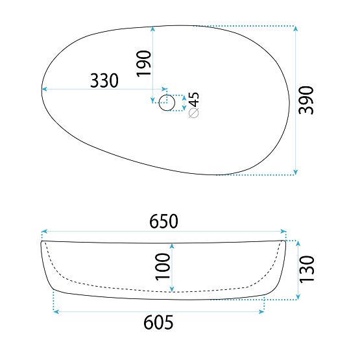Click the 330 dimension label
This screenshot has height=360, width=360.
click(x=104, y=80)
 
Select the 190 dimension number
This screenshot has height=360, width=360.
click(x=144, y=64)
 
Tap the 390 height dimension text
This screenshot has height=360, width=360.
click(x=306, y=100)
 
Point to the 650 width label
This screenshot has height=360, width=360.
click(x=163, y=221)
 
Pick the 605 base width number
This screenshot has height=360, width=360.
click(x=158, y=322)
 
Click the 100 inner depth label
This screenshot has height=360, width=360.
click(x=163, y=267)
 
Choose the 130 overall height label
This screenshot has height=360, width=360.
click(x=307, y=269)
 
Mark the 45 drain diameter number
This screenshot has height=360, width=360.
click(x=193, y=99)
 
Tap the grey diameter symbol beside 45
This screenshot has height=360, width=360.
click(x=193, y=113)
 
